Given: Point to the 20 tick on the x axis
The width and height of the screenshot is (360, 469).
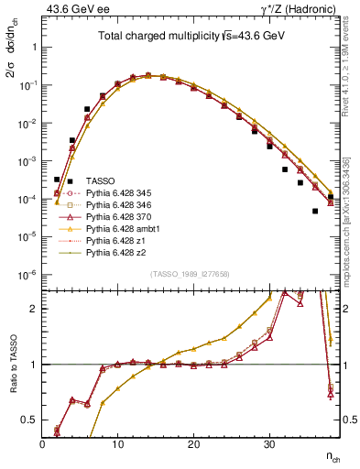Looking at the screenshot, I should [x=193, y=442].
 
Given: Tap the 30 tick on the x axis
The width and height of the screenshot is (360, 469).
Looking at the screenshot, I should [x=268, y=442].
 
